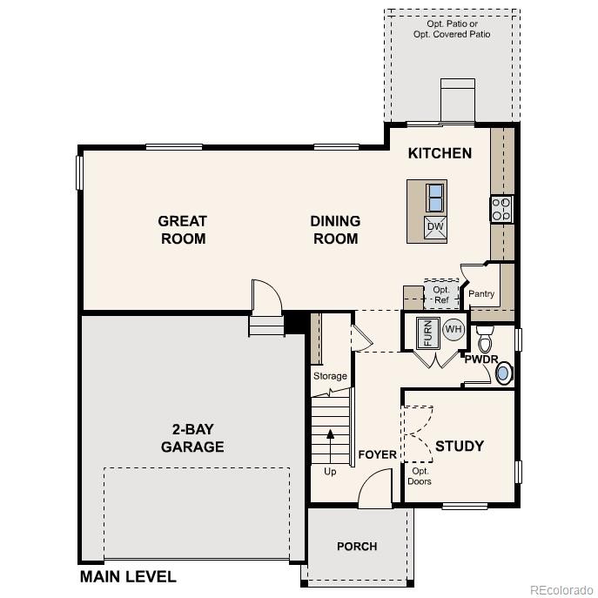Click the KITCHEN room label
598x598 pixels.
pos(440,153)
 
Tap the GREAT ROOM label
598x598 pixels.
pos(183,230)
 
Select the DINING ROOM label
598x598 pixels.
pos(335,230)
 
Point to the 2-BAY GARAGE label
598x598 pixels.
pos(192,438)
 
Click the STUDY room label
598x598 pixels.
pos(459,446)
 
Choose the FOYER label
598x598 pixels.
pos(377,454)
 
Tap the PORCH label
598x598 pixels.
pos(357,546)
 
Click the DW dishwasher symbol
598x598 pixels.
pos(435,227)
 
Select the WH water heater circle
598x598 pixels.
pos(453,329)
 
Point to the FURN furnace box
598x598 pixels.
pos(427,333)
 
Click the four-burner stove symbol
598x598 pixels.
pos(501,209)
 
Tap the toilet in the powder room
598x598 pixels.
pos(486,339)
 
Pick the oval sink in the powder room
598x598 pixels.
pos(503,373)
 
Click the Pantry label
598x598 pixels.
pos(481,293)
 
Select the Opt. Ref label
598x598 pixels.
pos(440,294)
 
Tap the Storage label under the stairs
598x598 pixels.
pos(330,376)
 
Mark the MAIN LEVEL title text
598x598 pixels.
pos(128,576)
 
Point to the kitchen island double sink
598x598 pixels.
pos(435,198)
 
